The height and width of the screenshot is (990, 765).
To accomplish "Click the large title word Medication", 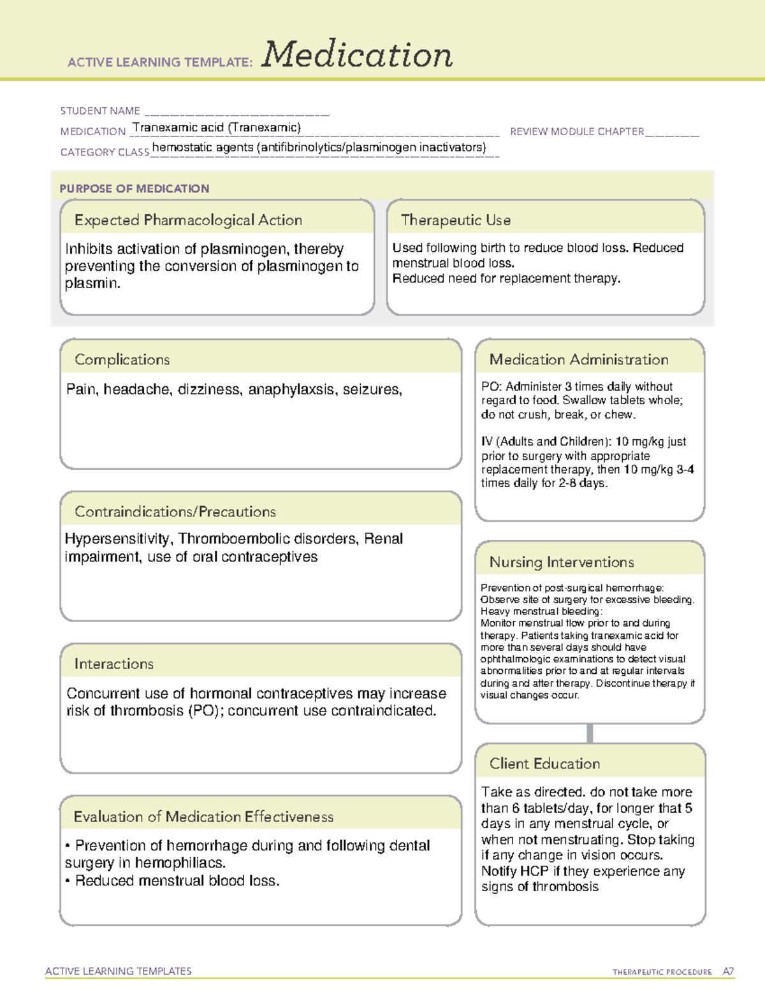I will pyautogui.click(x=357, y=55).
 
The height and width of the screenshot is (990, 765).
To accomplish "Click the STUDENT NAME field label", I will pyautogui.click(x=100, y=111).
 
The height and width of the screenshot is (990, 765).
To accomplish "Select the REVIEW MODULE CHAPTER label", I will pyautogui.click(x=577, y=131).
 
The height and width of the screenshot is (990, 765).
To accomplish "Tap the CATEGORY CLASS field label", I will pyautogui.click(x=105, y=152).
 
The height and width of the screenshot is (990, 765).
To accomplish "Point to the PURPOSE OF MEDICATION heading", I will pyautogui.click(x=135, y=189).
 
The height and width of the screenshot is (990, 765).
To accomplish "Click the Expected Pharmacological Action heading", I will pyautogui.click(x=188, y=221).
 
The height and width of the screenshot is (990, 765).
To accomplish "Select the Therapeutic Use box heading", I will pyautogui.click(x=456, y=221).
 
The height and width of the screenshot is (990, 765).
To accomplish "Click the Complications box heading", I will pyautogui.click(x=122, y=360).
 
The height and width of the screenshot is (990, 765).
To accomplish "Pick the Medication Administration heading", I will pyautogui.click(x=579, y=360).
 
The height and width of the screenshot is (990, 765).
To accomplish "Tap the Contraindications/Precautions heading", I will pyautogui.click(x=175, y=512).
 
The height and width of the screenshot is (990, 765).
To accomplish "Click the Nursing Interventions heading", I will pyautogui.click(x=562, y=562).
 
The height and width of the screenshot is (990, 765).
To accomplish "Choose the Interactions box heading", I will pyautogui.click(x=114, y=664).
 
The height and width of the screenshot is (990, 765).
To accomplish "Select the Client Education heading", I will pyautogui.click(x=544, y=764).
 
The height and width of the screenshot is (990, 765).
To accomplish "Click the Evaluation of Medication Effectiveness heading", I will pyautogui.click(x=203, y=817).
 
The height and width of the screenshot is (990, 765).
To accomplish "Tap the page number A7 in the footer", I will pyautogui.click(x=728, y=972).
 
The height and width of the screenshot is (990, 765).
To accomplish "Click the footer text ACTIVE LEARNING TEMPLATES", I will pyautogui.click(x=119, y=971).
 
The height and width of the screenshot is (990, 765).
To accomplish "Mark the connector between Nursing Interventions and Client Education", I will pyautogui.click(x=590, y=733).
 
